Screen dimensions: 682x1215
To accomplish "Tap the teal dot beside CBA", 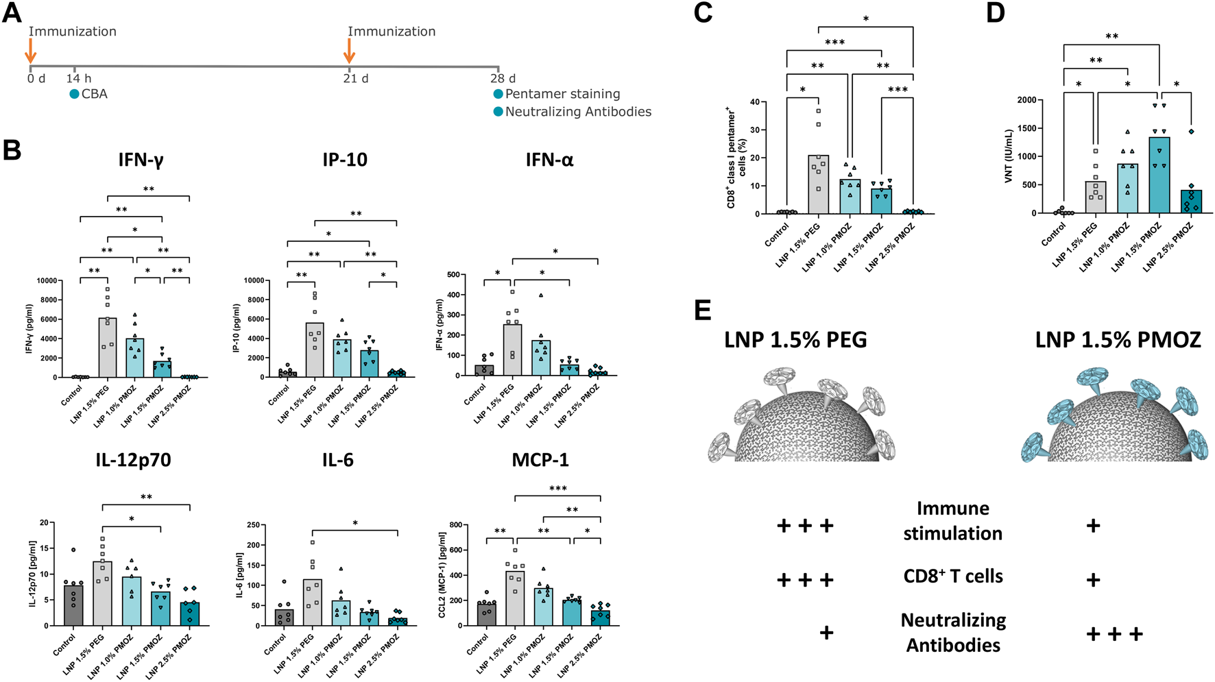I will point(74,94).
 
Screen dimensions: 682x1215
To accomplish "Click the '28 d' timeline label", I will point(503,78).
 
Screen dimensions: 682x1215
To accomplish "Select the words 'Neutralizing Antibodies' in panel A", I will point(578,112).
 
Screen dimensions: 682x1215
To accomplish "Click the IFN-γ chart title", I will point(141,160).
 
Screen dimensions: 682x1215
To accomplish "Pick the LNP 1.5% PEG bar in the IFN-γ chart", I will point(108,348).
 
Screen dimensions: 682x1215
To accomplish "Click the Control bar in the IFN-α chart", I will point(484,370).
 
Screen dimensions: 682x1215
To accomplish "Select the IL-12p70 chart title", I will point(133,460).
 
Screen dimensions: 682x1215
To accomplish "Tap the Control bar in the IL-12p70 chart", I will point(73,605).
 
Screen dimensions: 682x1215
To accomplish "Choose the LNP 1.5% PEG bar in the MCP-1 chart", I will point(514,598).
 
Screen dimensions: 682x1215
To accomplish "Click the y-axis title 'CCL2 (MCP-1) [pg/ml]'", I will point(442,575).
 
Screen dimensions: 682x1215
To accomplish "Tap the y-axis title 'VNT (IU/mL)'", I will point(1009,156).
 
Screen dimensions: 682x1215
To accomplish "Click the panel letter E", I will point(703,310).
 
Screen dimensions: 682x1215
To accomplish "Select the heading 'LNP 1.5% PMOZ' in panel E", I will point(1118,340).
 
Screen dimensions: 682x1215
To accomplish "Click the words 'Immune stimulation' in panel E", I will point(952,521).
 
